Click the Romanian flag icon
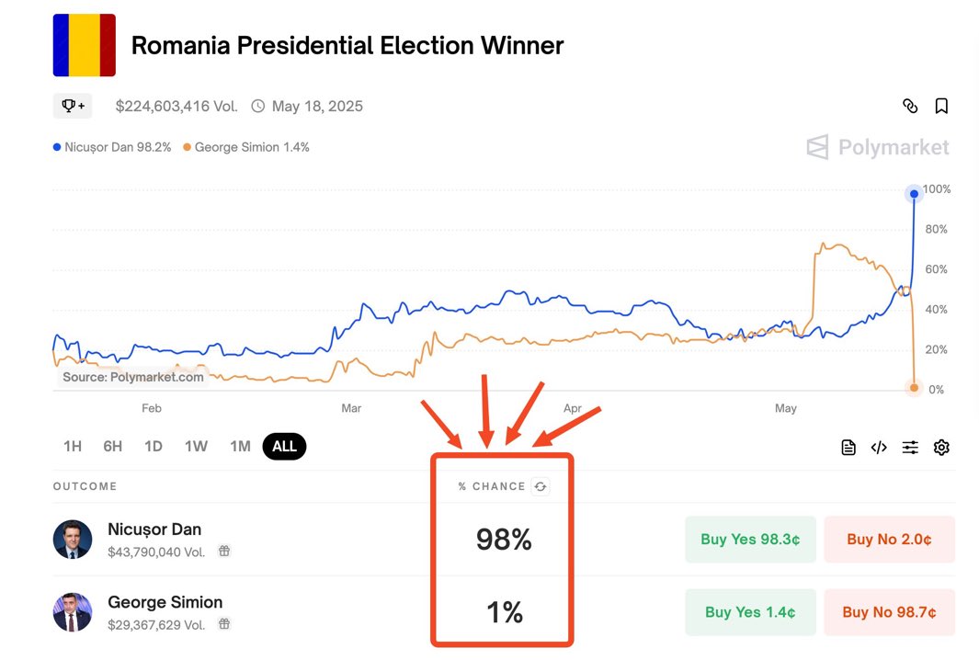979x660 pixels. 85,45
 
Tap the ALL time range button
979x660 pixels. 284,447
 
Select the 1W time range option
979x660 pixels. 196,447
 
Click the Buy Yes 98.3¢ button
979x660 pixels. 750,540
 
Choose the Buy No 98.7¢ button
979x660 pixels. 887,612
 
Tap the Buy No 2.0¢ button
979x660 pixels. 889,540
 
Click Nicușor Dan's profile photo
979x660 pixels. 73,540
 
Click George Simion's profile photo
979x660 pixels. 73,612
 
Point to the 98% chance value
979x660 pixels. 504,541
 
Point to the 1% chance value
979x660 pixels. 504,612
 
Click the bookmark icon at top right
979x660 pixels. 941,107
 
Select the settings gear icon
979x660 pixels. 941,448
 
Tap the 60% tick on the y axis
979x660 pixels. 937,269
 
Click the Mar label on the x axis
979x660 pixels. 351,408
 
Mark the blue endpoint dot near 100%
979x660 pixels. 914,194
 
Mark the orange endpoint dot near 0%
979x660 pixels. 914,388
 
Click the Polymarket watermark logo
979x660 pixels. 878,147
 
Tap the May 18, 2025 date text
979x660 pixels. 317,107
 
